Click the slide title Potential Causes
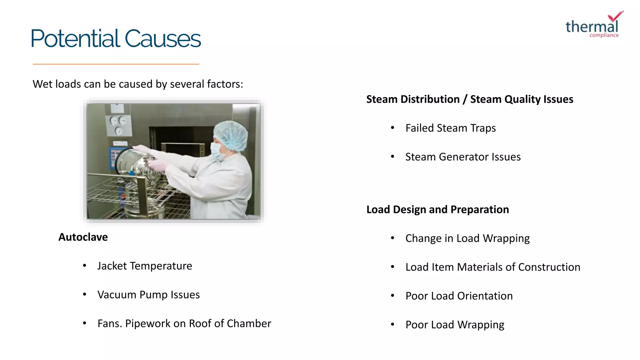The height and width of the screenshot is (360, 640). (116, 39)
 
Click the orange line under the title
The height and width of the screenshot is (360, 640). (116, 64)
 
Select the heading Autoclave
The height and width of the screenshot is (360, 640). (83, 237)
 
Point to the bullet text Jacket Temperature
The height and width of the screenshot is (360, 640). (145, 266)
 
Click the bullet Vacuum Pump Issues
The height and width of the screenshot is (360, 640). (148, 295)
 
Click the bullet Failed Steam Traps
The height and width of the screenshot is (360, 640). (450, 128)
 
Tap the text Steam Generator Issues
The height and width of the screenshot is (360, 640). (463, 157)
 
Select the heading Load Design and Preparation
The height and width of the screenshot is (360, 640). (437, 209)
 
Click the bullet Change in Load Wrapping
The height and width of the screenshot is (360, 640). (467, 238)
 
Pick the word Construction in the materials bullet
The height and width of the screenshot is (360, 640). (549, 267)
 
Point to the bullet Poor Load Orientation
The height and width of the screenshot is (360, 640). (459, 296)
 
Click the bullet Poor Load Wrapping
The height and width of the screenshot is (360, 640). (455, 325)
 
